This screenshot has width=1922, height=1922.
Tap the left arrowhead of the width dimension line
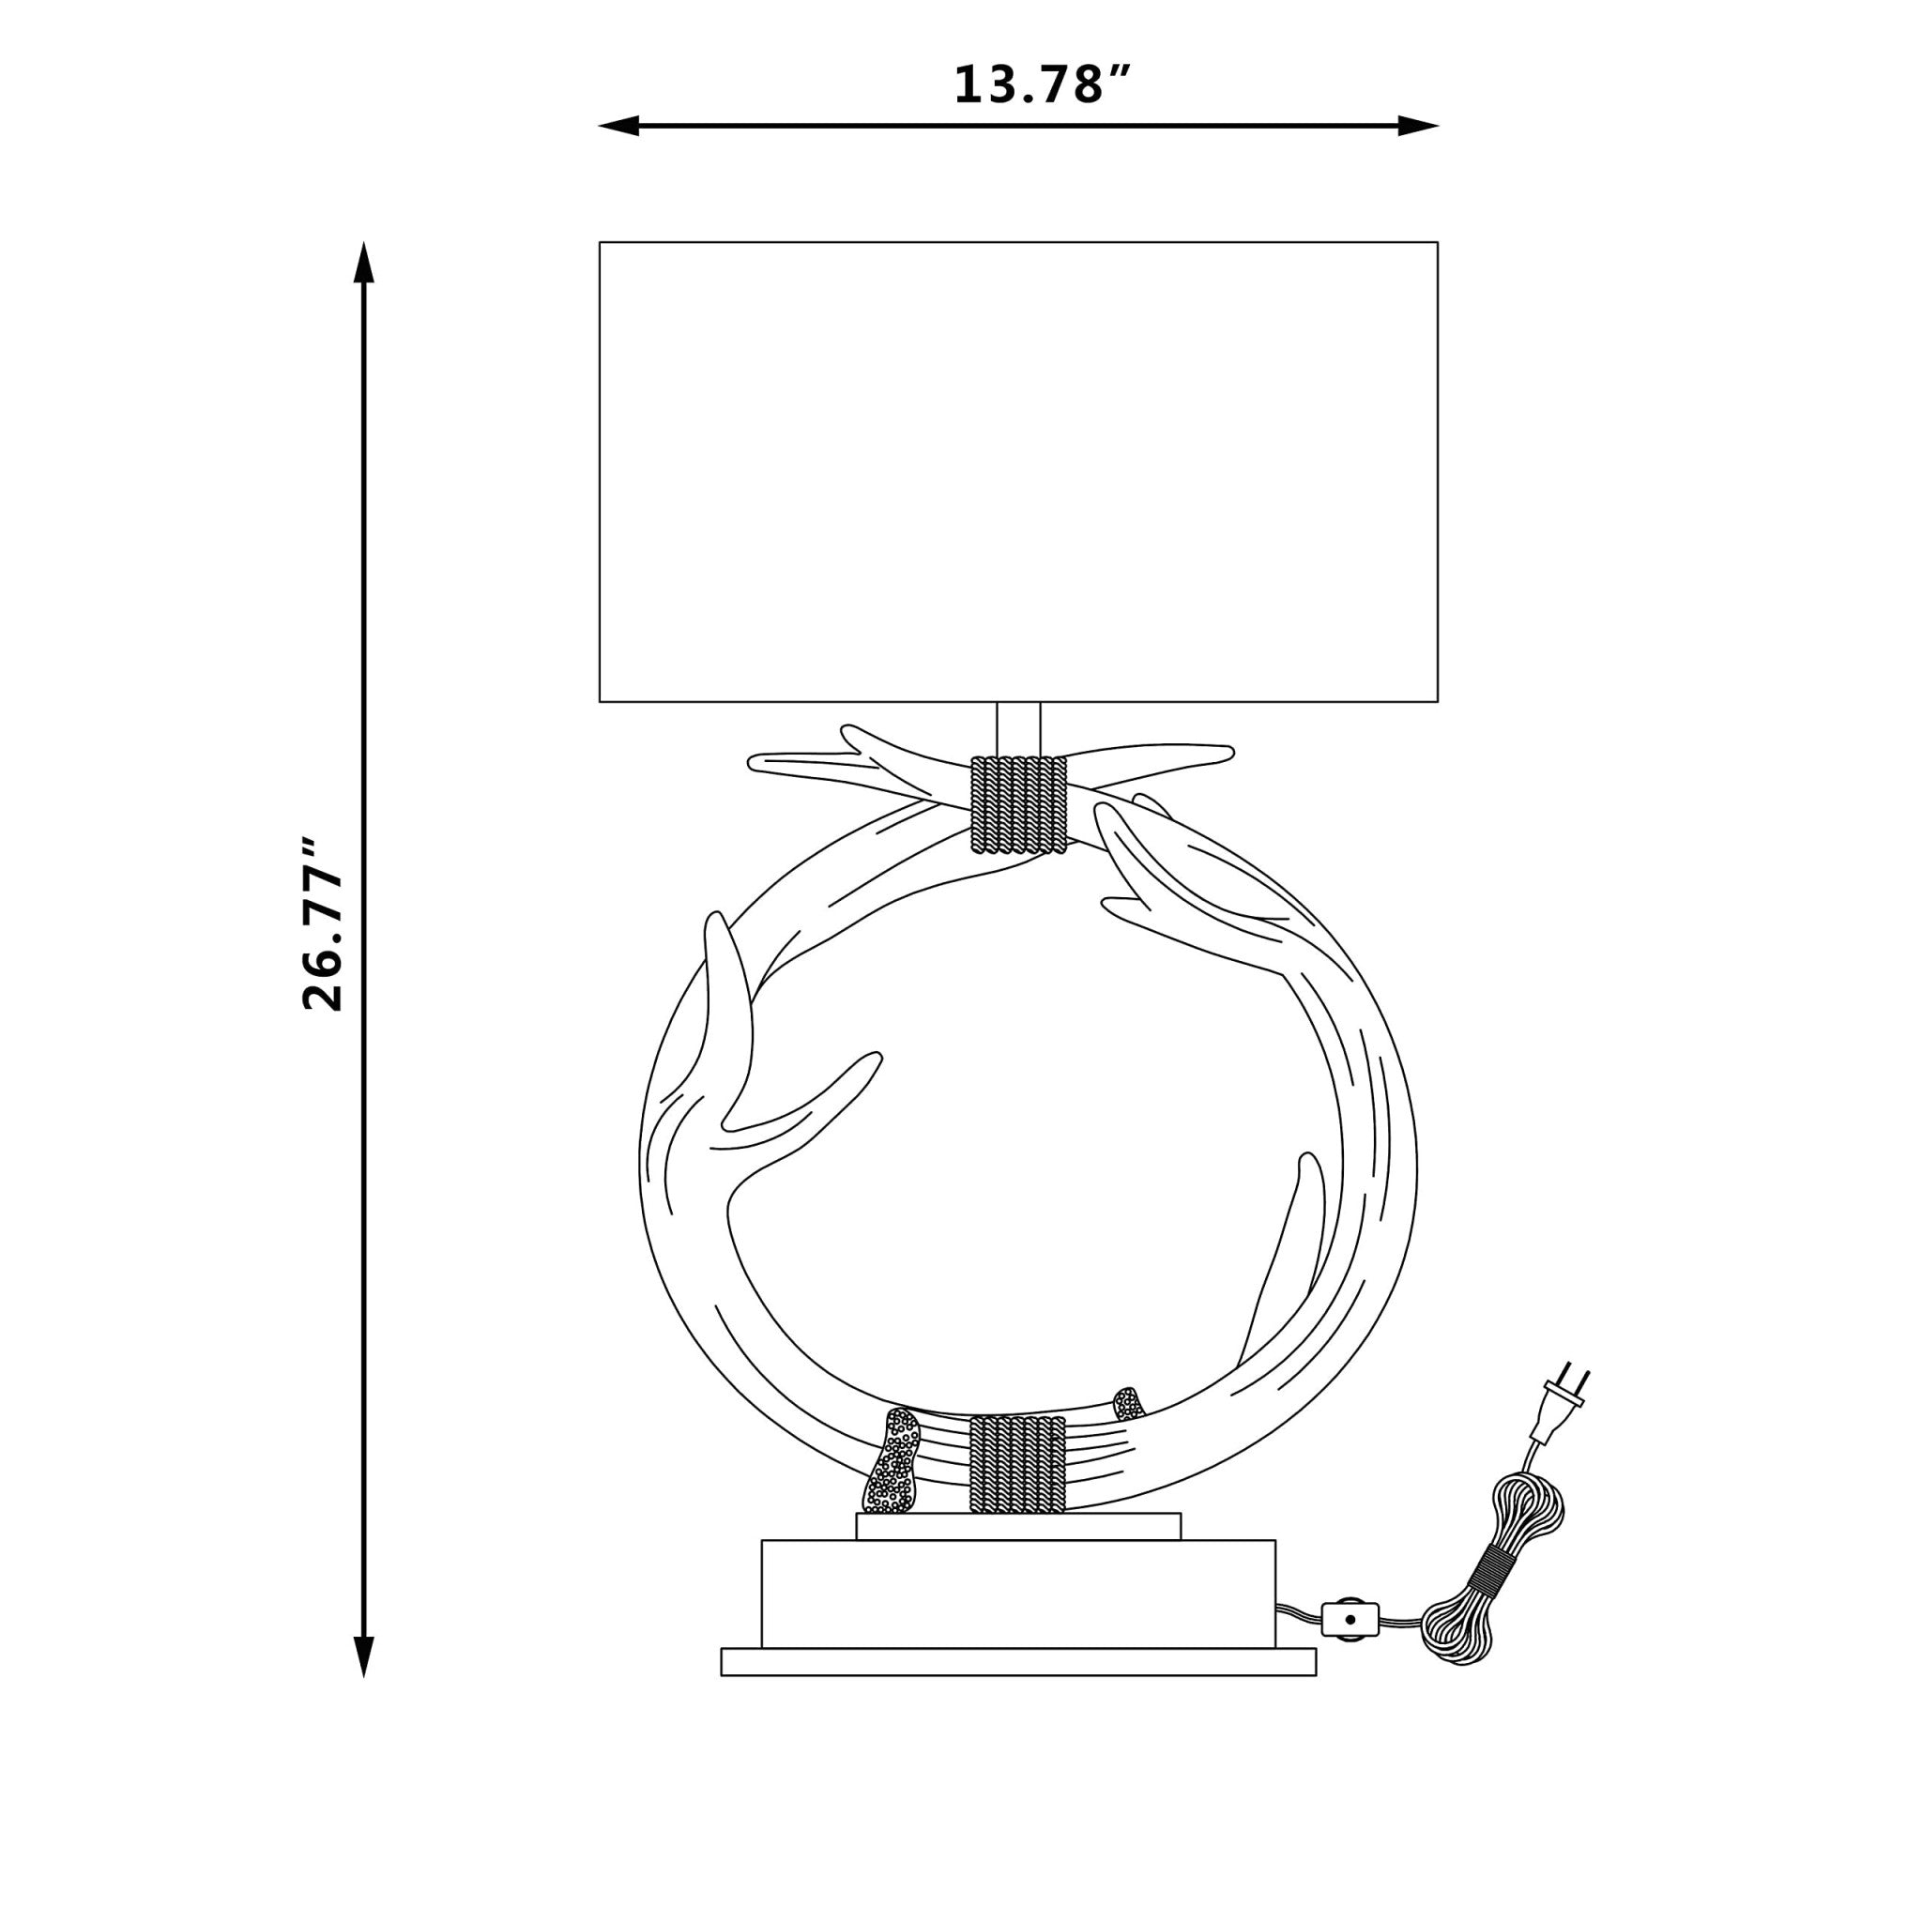coord(618,127)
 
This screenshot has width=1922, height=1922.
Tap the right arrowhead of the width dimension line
coord(1420,127)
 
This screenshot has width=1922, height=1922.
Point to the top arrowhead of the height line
coord(364,262)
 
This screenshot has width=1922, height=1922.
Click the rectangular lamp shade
coord(1017,471)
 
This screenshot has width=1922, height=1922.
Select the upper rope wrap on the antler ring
coord(1017,805)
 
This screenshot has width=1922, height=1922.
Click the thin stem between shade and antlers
coord(1017,729)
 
